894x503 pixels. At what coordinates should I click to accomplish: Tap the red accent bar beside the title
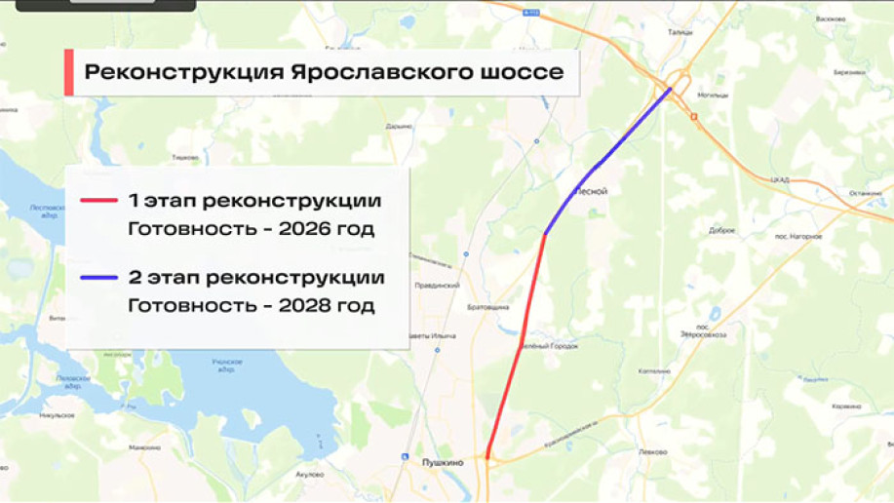point(69,73)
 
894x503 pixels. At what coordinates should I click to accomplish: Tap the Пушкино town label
point(442,463)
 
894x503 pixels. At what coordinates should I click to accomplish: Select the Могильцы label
point(714,96)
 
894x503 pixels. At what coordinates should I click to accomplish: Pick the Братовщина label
point(489,308)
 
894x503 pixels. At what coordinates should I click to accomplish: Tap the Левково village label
point(652,451)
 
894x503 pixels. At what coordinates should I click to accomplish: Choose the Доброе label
point(721,231)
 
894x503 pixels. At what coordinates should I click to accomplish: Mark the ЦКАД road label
point(779,179)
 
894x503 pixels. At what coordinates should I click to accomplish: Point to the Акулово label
point(308,475)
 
